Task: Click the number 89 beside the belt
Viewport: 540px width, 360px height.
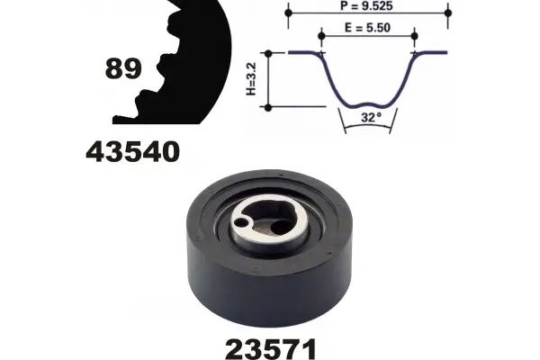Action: (x=123, y=68)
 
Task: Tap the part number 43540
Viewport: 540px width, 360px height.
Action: (x=132, y=152)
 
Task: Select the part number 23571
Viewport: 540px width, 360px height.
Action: (x=271, y=348)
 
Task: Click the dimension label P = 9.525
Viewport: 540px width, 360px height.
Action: (x=366, y=6)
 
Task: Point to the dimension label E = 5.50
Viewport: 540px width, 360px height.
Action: (x=367, y=28)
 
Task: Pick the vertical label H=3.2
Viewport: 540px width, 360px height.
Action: (x=251, y=79)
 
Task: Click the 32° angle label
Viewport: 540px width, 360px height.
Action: (x=371, y=117)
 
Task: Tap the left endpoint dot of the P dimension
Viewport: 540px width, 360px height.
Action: (x=289, y=13)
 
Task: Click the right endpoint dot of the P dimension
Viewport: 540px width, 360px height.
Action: (x=448, y=13)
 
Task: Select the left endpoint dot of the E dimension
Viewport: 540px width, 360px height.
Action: (x=321, y=36)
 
